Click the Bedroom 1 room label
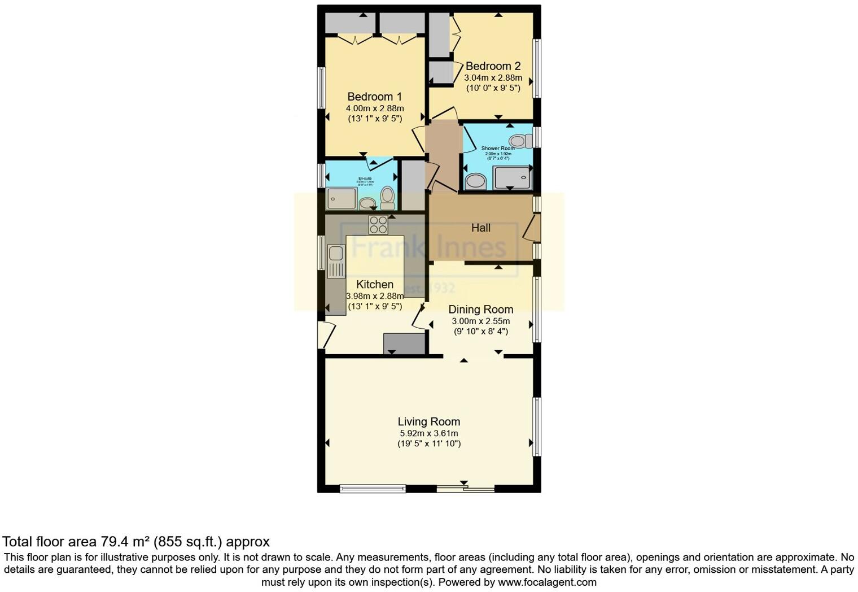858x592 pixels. (374, 97)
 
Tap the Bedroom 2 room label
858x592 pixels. (493, 66)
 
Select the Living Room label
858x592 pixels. (428, 421)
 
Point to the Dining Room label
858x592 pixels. (480, 310)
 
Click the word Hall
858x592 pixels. (480, 228)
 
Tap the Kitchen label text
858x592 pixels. (375, 285)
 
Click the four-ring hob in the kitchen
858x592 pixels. (378, 225)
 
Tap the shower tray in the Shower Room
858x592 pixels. (512, 177)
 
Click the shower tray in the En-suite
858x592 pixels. (342, 198)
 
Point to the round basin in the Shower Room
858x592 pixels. (475, 181)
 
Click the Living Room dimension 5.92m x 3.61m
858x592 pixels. (428, 433)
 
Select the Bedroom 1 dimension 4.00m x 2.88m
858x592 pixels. (375, 108)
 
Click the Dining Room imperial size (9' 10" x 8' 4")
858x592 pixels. (481, 332)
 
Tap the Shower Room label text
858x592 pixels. (498, 149)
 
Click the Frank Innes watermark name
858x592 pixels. (429, 247)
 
